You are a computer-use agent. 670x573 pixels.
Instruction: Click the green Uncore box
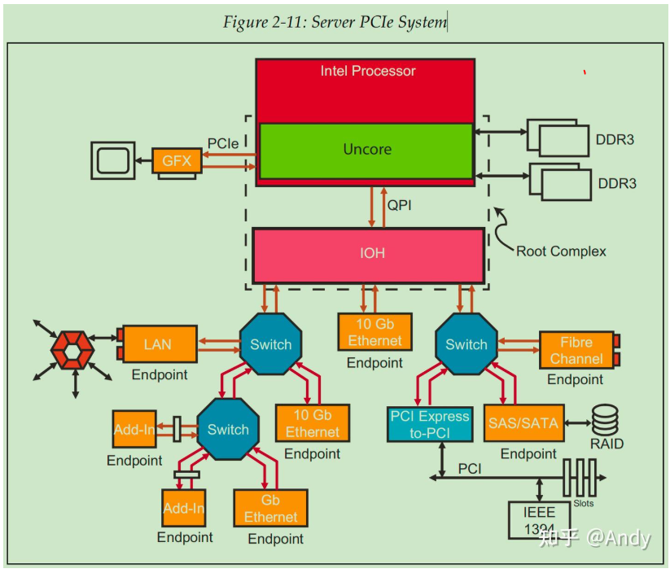point(366,150)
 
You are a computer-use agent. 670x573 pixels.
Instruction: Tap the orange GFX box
point(177,160)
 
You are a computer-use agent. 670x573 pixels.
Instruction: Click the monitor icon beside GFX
point(114,160)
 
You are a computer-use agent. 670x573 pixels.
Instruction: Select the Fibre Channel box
point(576,350)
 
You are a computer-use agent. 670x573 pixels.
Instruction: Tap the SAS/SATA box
point(523,423)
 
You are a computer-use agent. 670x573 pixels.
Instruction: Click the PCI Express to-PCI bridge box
point(429,424)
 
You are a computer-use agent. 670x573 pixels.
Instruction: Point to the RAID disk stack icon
point(605,420)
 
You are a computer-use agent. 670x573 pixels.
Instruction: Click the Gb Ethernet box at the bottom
point(270,509)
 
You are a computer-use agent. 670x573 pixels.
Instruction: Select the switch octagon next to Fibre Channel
point(466,344)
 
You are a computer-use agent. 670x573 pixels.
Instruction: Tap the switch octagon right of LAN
point(271,344)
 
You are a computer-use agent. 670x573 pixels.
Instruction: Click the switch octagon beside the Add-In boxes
point(228,430)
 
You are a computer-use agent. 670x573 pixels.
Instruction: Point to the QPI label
point(399,205)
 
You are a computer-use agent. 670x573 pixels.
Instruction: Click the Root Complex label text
point(561,251)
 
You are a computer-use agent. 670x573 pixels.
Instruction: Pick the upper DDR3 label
point(616,139)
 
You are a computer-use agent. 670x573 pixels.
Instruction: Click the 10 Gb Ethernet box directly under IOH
point(374,332)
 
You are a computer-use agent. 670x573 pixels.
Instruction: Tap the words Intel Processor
point(368,71)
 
